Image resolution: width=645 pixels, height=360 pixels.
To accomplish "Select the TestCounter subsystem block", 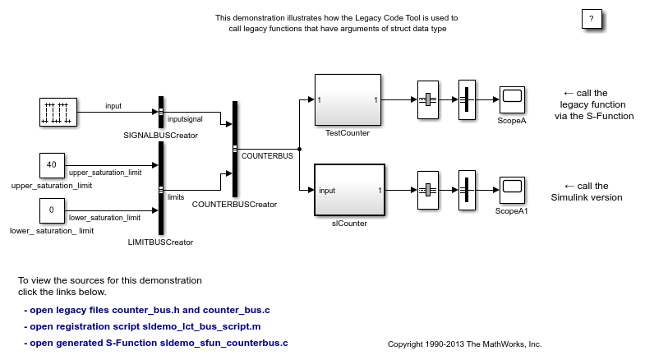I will (x=348, y=99).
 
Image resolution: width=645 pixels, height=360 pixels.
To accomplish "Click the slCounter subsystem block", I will (x=349, y=190).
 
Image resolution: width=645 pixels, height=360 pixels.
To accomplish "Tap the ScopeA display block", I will (x=512, y=100).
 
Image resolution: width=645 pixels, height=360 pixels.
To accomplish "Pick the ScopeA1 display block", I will (x=512, y=190).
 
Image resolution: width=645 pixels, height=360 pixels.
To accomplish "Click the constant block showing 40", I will (x=51, y=165).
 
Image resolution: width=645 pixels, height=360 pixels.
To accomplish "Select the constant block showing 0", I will (x=51, y=210).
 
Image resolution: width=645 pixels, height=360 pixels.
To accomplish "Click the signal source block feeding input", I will (x=58, y=112).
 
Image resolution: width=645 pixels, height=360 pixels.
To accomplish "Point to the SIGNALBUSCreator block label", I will (x=160, y=135).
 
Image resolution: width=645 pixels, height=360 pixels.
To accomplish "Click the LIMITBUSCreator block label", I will (x=161, y=242).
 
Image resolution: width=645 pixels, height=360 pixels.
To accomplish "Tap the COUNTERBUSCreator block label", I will (x=234, y=205).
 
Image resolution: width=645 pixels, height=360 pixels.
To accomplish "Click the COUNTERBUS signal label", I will (x=266, y=155).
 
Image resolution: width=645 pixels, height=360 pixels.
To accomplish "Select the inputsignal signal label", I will (x=185, y=120).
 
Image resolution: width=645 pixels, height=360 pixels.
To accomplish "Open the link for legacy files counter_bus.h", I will (x=147, y=310).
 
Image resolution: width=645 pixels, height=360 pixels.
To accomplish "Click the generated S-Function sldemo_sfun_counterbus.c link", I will (x=156, y=343).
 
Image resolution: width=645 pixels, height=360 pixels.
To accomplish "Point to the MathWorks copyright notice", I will (x=464, y=344).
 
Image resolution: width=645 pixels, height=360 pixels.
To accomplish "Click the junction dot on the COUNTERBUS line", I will (x=299, y=149).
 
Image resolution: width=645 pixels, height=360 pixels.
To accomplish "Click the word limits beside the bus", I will (x=176, y=197).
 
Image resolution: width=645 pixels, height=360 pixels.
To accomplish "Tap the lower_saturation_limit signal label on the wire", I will (x=104, y=217).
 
